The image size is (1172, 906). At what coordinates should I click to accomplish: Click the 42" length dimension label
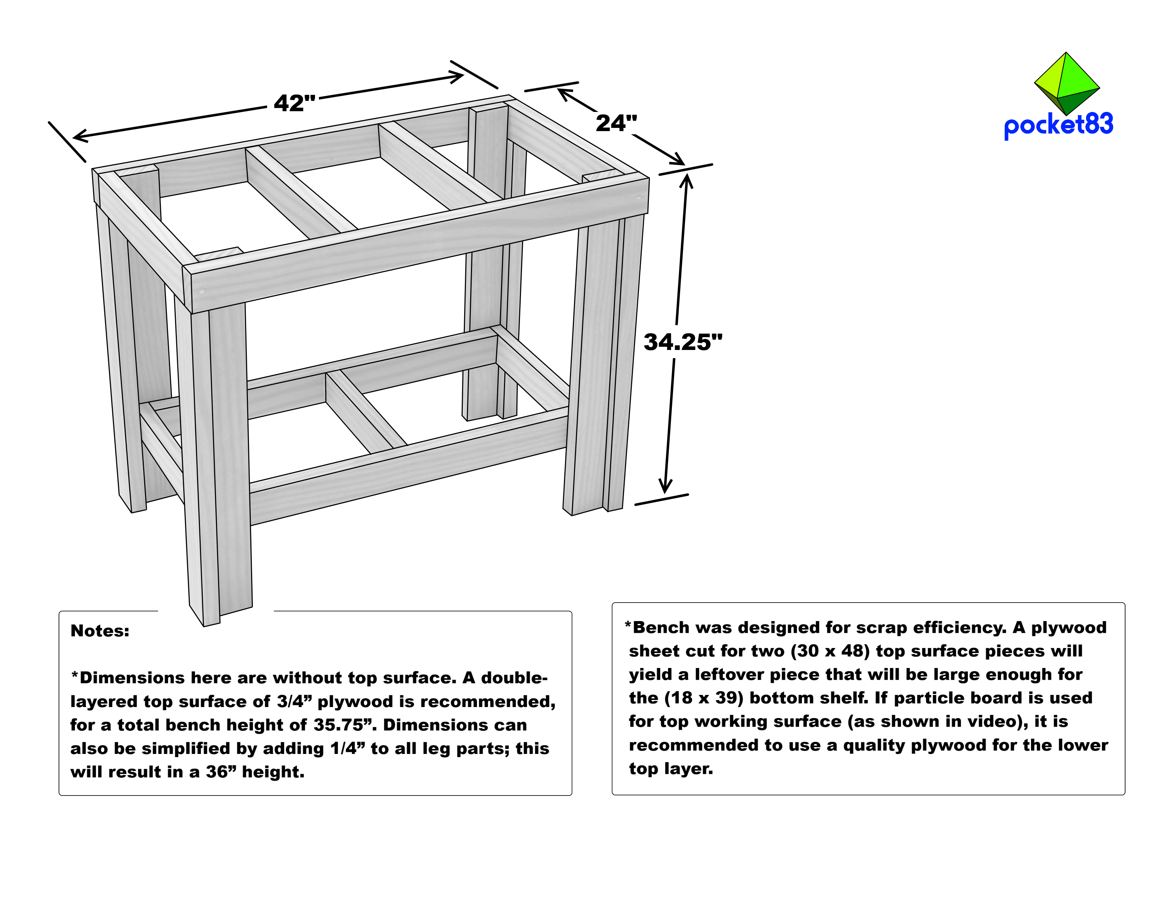pos(294,103)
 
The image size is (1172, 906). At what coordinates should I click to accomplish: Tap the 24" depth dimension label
pos(616,123)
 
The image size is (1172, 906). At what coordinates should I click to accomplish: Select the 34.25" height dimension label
pos(683,342)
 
